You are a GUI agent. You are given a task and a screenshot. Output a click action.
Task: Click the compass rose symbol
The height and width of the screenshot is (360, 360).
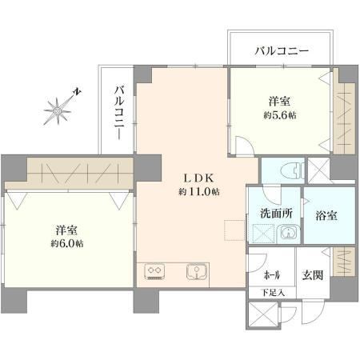tap(58, 110)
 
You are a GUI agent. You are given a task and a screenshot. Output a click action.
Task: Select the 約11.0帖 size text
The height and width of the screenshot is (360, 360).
tap(199, 191)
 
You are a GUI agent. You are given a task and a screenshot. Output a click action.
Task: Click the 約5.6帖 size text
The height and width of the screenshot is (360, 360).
tap(280, 115)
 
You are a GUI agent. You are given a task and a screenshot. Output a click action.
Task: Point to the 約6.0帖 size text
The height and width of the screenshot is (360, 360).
tap(67, 243)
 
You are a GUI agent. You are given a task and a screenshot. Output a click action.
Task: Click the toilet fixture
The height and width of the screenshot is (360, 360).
tap(292, 170)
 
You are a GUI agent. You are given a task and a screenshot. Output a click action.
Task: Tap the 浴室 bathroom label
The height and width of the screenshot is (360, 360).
tap(326, 215)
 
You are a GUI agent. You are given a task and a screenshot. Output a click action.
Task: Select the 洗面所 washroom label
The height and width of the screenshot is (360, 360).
tap(276, 214)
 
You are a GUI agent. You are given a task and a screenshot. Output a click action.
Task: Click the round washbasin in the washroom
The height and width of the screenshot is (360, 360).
tap(288, 233)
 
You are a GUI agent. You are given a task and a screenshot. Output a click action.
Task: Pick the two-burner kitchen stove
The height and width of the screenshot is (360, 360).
tap(154, 271)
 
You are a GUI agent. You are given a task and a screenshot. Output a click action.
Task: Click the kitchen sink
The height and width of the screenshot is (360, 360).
tap(197, 271)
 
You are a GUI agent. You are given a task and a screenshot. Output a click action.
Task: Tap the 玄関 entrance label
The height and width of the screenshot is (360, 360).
tap(313, 275)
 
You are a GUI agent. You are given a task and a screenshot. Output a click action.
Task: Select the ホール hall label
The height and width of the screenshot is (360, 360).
tap(272, 275)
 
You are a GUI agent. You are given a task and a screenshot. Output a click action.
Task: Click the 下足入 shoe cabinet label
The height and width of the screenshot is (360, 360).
tap(273, 293)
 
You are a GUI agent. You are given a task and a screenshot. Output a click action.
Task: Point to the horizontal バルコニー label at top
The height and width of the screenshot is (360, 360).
tap(282, 50)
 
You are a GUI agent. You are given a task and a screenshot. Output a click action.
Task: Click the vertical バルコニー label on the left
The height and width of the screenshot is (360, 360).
tap(119, 113)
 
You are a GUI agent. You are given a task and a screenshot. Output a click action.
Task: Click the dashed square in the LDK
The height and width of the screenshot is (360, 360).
tap(234, 230)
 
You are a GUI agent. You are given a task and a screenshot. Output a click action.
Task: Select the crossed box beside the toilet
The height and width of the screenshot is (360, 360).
tap(319, 170)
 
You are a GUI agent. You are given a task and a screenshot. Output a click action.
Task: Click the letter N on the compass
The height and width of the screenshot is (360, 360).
tap(77, 92)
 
